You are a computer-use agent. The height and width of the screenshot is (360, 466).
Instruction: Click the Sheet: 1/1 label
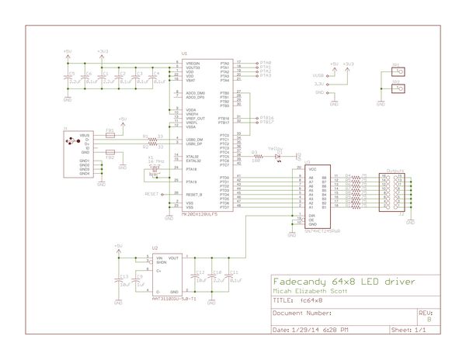[x=409, y=330]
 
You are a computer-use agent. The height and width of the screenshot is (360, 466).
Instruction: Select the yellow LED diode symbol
[x=277, y=155]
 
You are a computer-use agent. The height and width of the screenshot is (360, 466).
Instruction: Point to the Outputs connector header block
[x=389, y=190]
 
